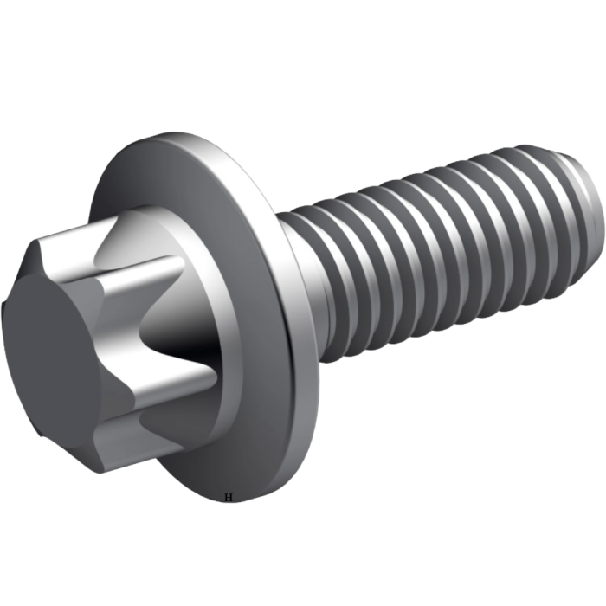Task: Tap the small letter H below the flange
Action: (229, 497)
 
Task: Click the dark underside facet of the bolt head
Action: (78, 433)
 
